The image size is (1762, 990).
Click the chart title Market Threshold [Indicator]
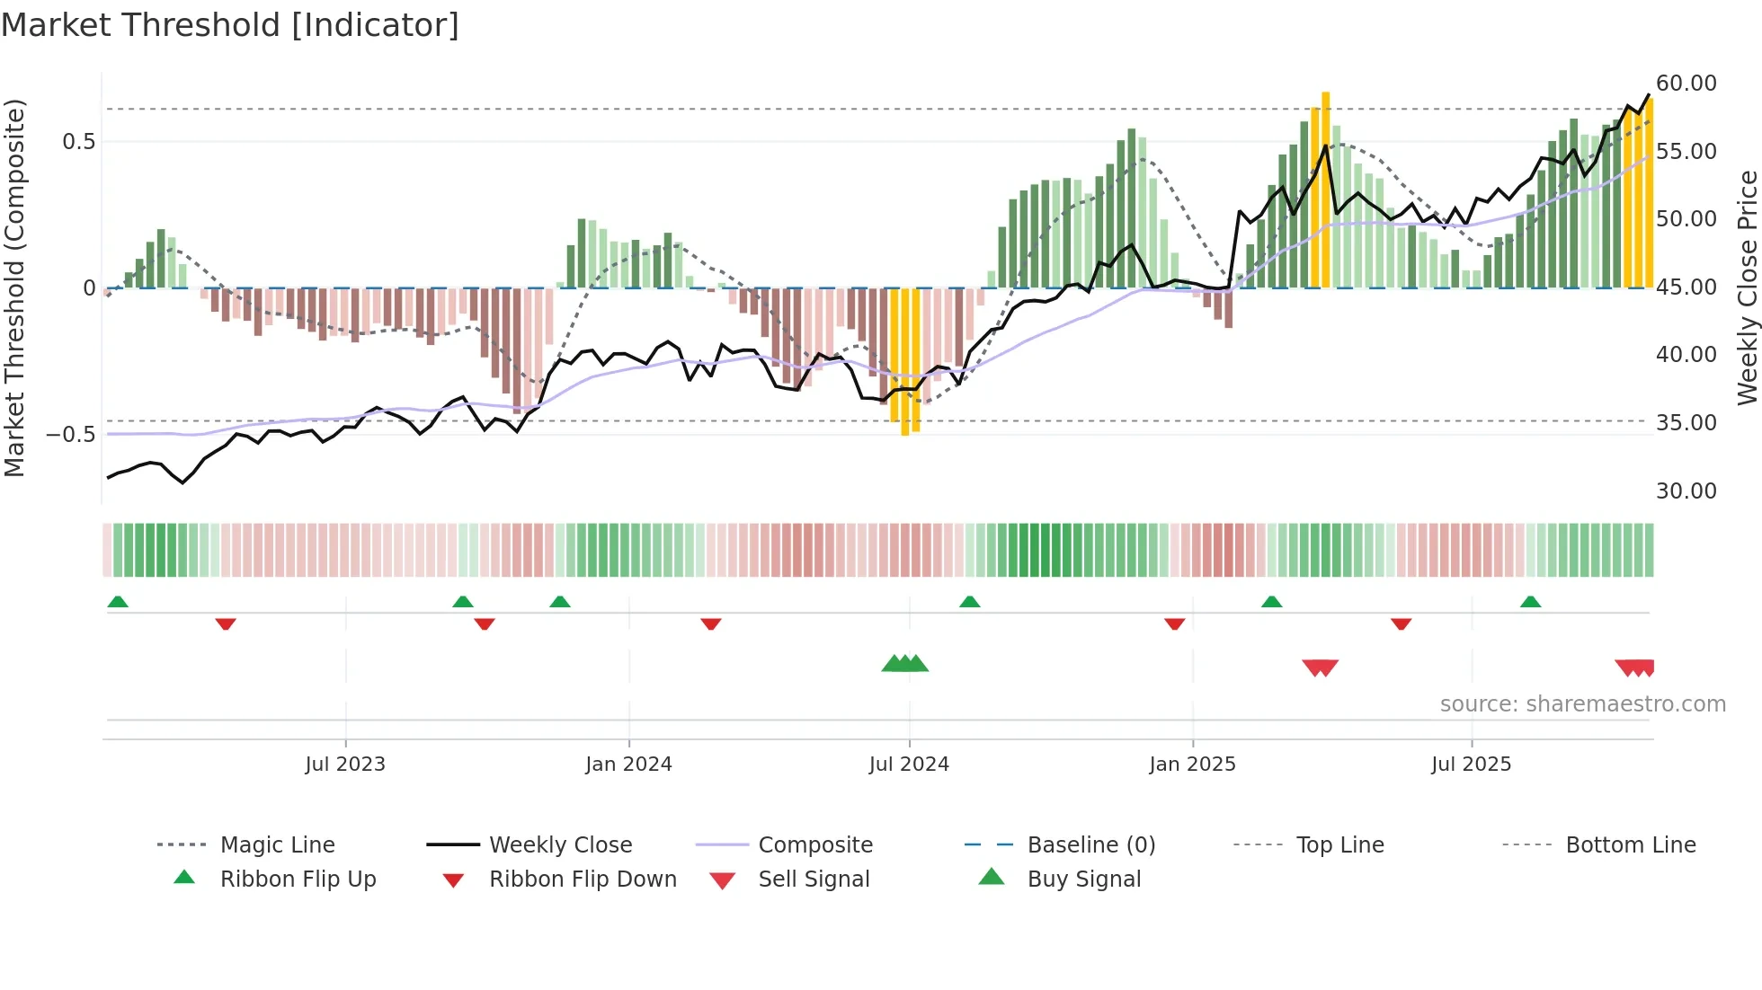tap(230, 25)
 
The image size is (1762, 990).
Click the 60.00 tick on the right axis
tap(1686, 84)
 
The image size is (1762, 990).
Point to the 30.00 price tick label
tap(1686, 491)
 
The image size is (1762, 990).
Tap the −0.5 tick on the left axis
tap(71, 435)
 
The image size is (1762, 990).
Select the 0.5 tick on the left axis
tap(78, 142)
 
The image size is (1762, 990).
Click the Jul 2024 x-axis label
tap(909, 765)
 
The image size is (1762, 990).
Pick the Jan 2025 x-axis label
tap(1192, 765)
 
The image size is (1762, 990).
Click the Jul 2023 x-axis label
tap(345, 765)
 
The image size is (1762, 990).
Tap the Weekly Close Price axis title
tap(1747, 287)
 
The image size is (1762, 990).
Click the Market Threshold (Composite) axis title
tap(14, 287)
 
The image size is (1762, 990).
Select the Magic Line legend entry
tap(277, 845)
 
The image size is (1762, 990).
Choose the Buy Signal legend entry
tap(1083, 880)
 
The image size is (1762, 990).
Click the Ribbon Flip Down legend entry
tap(583, 880)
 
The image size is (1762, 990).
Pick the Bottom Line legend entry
tap(1630, 845)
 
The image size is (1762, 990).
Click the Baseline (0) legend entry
tap(1090, 845)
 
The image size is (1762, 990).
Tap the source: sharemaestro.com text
tap(1582, 704)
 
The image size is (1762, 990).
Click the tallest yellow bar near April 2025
tap(1325, 189)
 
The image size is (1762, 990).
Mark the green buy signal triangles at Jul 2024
tap(904, 664)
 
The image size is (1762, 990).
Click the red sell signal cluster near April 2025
tap(1320, 667)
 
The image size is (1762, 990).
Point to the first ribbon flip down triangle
tap(226, 623)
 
